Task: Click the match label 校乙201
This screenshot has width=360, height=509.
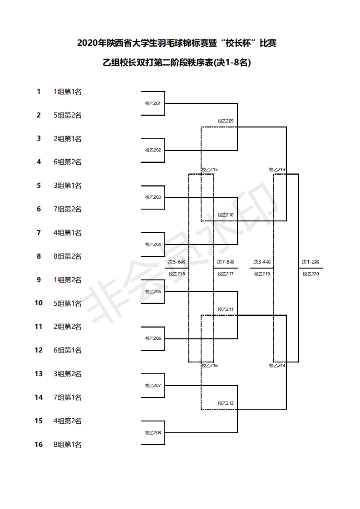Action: click(153, 103)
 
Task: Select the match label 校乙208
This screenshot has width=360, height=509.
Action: click(153, 432)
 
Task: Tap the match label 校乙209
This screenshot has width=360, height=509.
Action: click(226, 121)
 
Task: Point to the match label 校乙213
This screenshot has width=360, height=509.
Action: click(277, 170)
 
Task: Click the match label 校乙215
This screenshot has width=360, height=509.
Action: click(210, 170)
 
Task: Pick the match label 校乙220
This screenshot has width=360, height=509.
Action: click(311, 274)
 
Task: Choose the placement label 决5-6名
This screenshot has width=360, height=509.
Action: click(177, 262)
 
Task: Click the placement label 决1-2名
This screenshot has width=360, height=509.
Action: click(311, 262)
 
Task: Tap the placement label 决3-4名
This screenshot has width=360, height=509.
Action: click(262, 262)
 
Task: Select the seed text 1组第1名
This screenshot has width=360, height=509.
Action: click(68, 92)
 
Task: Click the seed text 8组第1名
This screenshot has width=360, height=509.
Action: click(68, 445)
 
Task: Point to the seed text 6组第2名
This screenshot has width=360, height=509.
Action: click(68, 162)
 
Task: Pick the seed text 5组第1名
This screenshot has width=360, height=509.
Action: click(68, 303)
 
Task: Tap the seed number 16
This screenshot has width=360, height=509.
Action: click(39, 445)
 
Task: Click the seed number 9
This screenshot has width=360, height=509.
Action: click(39, 280)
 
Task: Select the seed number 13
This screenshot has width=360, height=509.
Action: click(39, 374)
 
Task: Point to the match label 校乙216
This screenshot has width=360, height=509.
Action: click(210, 366)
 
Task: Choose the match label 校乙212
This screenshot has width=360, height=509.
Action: click(226, 403)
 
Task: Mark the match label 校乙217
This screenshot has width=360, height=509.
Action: click(226, 274)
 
